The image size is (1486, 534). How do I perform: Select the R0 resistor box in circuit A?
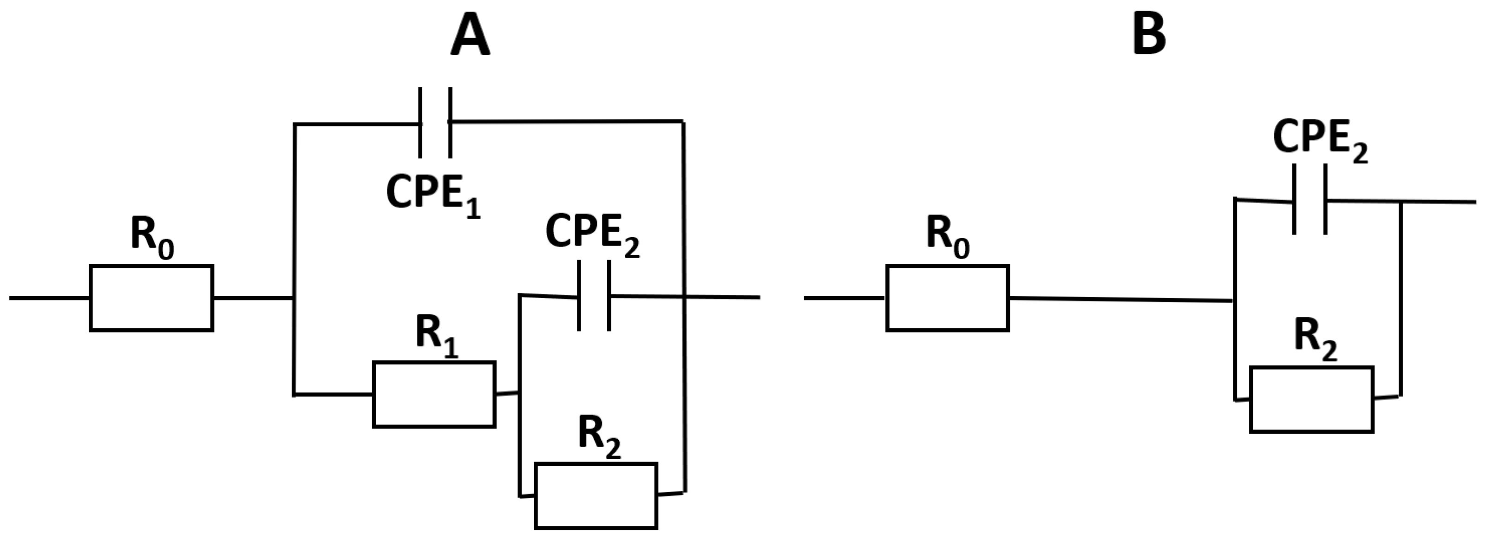tap(151, 298)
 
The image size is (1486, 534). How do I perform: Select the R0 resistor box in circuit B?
tap(947, 298)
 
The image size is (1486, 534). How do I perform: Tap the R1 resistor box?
tap(434, 394)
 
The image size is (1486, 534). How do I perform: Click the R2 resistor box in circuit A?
tap(596, 495)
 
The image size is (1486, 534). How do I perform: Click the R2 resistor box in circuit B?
tap(1311, 399)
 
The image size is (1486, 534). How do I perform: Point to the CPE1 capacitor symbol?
tap(435, 122)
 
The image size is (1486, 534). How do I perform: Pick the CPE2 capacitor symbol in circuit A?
tap(594, 296)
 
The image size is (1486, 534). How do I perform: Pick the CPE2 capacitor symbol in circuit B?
tap(1309, 200)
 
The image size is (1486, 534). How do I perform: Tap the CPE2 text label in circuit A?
tap(592, 234)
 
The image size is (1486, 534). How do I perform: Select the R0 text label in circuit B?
tap(947, 236)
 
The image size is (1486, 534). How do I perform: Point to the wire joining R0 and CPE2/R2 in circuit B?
tap(1119, 300)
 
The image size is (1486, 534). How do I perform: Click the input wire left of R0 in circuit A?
tap(49, 298)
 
